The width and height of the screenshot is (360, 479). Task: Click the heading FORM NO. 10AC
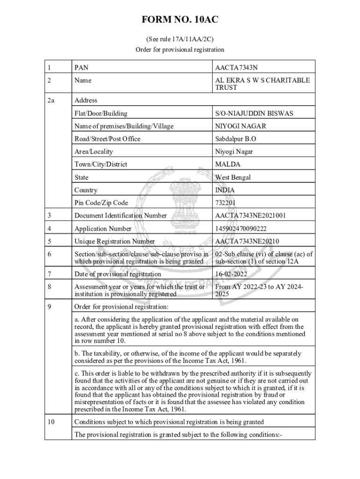click(180, 20)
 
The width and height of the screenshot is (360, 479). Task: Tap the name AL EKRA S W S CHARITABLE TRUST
click(262, 84)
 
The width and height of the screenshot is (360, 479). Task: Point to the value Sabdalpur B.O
click(236, 139)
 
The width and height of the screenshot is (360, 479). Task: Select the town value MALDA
click(228, 165)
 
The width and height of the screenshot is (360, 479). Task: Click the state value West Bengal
click(233, 177)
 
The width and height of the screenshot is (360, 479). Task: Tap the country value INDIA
click(225, 190)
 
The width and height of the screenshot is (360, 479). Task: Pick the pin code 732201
click(225, 203)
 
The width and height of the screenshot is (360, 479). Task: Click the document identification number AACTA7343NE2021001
click(250, 216)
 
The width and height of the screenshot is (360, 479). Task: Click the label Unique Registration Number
click(115, 241)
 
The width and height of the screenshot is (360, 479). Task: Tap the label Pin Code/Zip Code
click(101, 203)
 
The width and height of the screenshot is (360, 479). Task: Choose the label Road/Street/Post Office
click(107, 139)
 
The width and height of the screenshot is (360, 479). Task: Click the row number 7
click(49, 274)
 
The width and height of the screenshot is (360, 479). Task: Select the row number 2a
click(51, 100)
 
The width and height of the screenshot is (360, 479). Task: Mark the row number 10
click(51, 422)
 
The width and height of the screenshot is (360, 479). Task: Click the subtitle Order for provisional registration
click(180, 50)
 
